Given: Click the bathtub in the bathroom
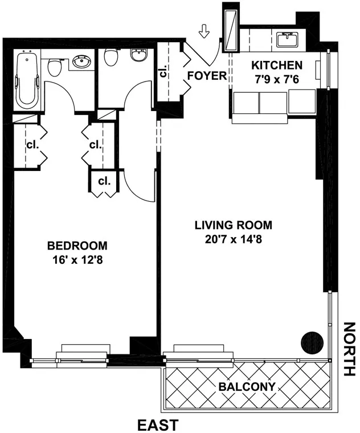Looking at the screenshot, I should [26, 80].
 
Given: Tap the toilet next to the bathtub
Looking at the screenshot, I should [55, 67].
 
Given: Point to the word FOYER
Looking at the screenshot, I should [207, 76].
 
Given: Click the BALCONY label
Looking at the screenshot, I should [247, 386].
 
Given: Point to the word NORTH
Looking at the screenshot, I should [349, 349].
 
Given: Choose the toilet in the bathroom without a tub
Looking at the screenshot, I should [111, 56].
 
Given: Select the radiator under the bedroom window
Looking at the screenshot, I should [84, 348].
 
